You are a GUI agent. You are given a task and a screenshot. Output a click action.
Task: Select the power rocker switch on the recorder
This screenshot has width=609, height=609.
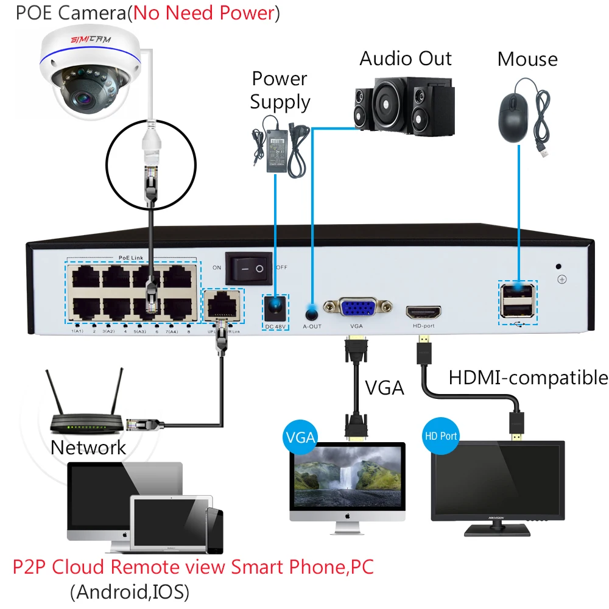[248, 268]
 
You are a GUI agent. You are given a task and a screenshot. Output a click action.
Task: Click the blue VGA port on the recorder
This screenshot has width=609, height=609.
[357, 309]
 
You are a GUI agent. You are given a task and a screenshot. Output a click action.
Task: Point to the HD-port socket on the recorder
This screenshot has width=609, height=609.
[424, 311]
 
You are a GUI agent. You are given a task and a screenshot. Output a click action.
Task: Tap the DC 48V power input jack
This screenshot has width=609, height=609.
[275, 308]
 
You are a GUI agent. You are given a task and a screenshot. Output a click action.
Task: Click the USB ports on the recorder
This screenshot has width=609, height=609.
[517, 301]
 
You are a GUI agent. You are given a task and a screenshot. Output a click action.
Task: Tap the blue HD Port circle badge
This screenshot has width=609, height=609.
[440, 436]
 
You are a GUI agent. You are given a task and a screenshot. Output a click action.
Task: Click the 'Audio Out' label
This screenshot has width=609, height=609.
[406, 58]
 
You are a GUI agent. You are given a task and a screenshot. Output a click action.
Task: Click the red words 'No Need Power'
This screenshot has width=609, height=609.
[204, 13]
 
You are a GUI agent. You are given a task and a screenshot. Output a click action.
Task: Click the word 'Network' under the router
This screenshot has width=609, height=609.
[88, 448]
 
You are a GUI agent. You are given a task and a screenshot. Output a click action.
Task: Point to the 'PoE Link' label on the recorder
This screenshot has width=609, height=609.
[132, 258]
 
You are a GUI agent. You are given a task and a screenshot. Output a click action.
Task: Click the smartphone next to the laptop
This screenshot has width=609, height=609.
[214, 530]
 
